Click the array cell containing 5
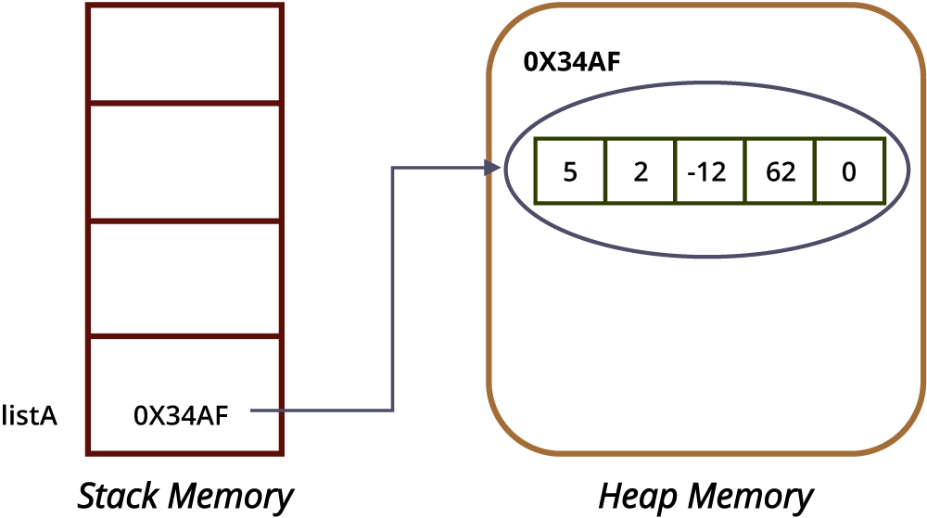coord(570,171)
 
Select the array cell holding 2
coord(641,171)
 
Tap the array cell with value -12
coord(709,171)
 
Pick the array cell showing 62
coord(781,171)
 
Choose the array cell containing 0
coord(849,171)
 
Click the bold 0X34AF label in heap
coord(572,62)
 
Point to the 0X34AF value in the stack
coord(181,416)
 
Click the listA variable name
coord(30,415)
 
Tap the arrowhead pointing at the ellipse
coord(492,168)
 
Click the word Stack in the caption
coord(119,495)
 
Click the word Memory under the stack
coord(231,496)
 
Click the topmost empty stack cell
coord(184,53)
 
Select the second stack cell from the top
coord(184,162)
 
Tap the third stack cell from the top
coord(184,279)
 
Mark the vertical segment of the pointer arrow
coord(392,289)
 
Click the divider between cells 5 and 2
coord(605,171)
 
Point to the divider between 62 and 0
coord(815,171)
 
